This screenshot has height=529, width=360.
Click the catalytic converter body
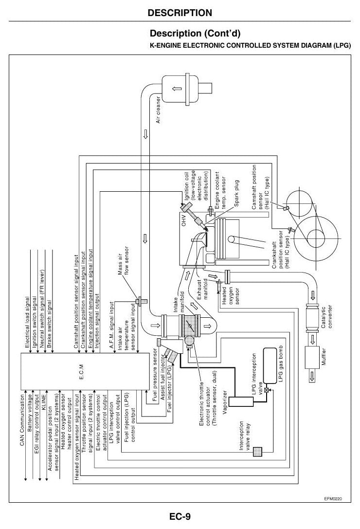(313, 315)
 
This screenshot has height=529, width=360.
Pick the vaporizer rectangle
(241, 401)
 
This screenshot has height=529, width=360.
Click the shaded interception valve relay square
(257, 452)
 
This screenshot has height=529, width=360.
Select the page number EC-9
(180, 516)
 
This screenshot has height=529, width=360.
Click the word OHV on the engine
(184, 219)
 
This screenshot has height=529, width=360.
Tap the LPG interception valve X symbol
(267, 390)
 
